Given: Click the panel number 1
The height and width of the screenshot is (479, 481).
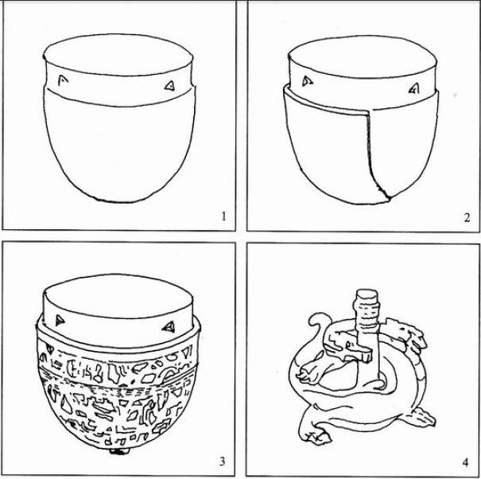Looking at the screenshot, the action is tap(223, 216).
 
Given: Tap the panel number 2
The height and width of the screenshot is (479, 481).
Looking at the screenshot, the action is tap(467, 217).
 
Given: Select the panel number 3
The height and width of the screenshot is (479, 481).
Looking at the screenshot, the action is tap(223, 461).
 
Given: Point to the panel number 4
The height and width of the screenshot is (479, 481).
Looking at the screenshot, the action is tap(466, 462).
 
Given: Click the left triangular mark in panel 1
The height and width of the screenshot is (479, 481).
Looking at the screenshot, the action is tap(63, 80).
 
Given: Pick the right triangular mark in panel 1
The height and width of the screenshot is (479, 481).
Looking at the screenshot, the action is tap(169, 86).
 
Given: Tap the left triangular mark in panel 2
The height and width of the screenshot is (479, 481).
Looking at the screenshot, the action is tap(307, 81).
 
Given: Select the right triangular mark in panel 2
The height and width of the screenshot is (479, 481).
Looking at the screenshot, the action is tap(414, 89).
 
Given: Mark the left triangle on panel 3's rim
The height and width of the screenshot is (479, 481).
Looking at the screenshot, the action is tap(60, 321).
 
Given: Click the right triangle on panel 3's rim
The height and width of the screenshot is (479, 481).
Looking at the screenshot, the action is tap(169, 327).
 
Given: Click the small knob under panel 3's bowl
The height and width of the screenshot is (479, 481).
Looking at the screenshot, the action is tap(120, 451).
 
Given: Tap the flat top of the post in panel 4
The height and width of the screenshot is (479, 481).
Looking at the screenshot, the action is tap(367, 294).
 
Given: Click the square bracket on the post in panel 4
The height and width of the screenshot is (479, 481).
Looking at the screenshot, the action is tap(363, 355).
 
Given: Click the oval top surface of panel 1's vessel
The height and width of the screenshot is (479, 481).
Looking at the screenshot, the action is tap(118, 56).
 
